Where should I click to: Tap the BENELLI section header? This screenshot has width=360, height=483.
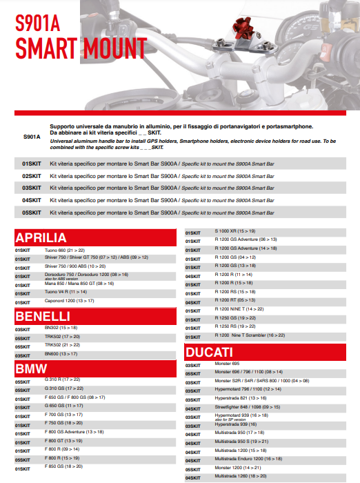point(43,316)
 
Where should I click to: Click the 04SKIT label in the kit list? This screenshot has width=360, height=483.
point(32,200)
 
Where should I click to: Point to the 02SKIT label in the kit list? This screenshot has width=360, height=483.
point(32,175)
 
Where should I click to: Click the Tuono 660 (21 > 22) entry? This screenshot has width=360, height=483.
point(64,249)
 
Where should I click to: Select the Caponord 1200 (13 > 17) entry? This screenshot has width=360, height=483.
point(69,301)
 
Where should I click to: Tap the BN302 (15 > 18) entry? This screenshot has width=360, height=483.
point(60,328)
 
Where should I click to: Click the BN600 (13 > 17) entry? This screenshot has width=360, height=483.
point(61,353)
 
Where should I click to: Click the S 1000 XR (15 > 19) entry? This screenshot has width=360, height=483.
point(235,230)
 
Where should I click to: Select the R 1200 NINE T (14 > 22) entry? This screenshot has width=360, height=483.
point(239,309)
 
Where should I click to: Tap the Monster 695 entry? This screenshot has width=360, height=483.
point(227,363)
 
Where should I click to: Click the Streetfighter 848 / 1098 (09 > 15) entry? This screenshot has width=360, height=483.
point(248,407)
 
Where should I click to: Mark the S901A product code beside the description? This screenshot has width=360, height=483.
point(32,137)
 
